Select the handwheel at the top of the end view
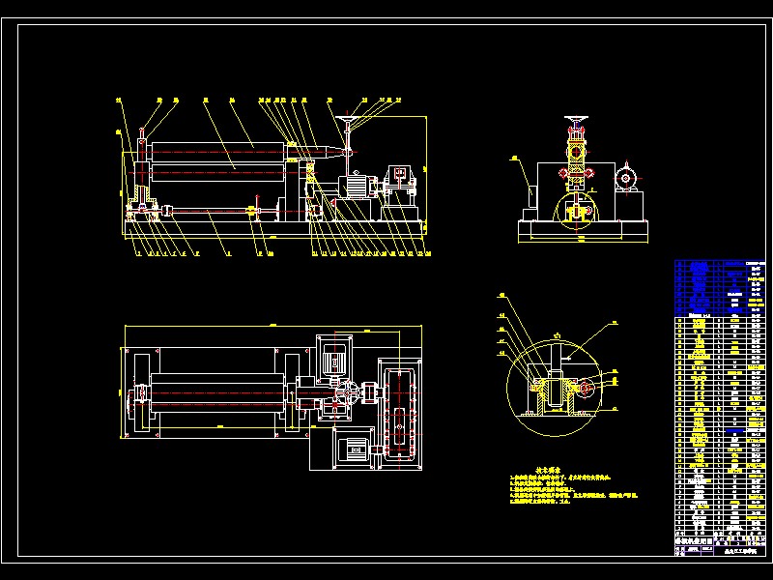pos(577,122)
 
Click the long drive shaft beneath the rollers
pos(213,210)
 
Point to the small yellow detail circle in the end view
pos(575,208)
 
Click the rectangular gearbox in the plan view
pos(400,417)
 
